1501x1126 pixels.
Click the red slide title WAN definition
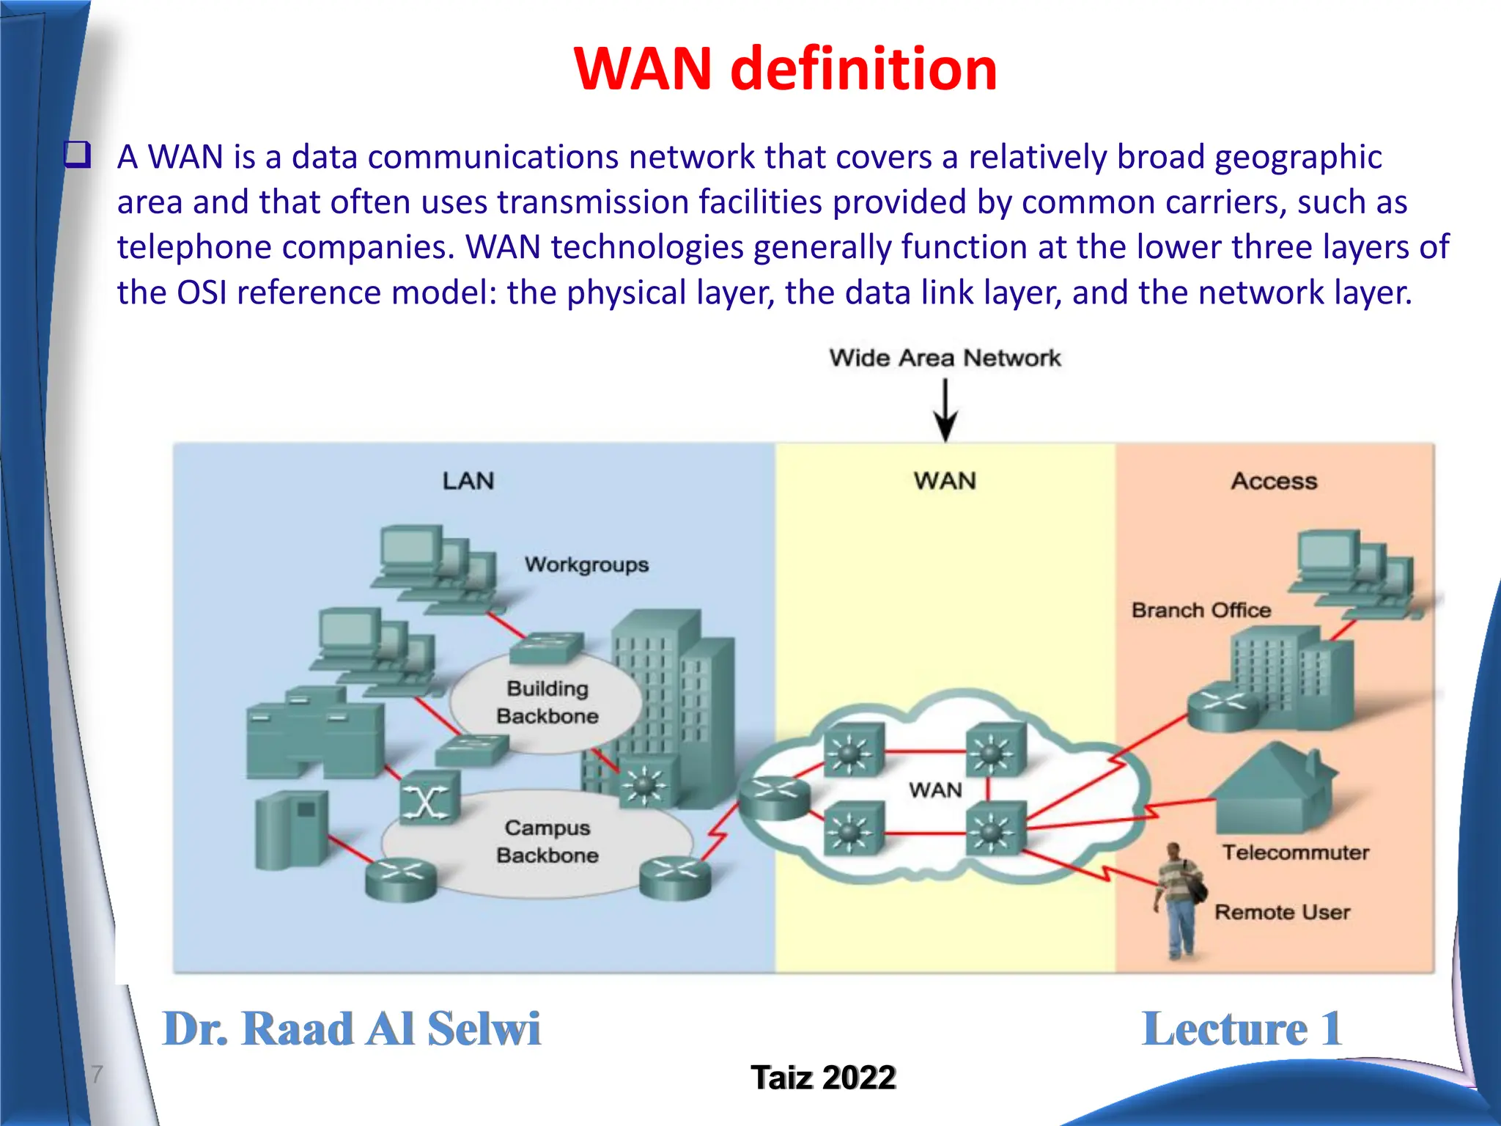(785, 69)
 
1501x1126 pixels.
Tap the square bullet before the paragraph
(78, 155)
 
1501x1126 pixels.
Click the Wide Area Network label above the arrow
(944, 358)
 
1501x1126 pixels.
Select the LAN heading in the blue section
(468, 481)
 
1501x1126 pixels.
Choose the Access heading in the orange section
(1274, 481)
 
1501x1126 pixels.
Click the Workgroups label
(586, 564)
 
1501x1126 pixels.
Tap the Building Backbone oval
(547, 702)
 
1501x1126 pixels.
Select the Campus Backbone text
(547, 842)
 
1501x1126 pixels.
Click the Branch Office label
(1201, 610)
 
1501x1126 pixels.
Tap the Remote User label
(1282, 912)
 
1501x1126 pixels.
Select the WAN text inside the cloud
(935, 790)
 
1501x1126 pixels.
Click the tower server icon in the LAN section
(291, 831)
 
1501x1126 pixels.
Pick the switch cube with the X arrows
(429, 799)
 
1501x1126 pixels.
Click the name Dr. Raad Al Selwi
(351, 1029)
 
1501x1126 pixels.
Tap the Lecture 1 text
(1242, 1029)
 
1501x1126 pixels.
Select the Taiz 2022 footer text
(823, 1078)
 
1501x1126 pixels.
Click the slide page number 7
(97, 1074)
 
